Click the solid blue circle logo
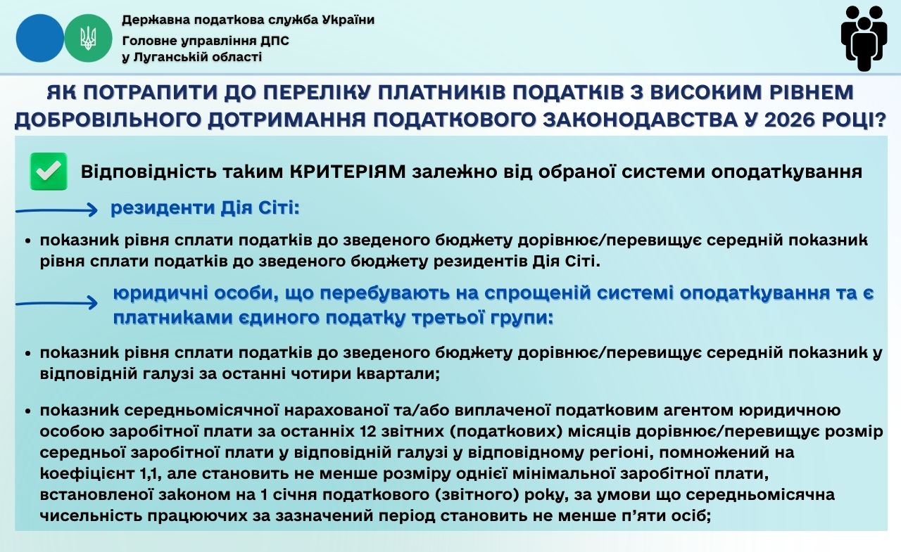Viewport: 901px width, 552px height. pos(40,38)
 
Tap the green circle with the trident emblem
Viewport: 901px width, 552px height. pos(88,38)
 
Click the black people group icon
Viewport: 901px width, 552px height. pos(864,39)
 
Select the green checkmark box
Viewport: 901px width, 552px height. pos(49,171)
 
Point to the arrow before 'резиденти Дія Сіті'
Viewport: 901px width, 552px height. pos(56,210)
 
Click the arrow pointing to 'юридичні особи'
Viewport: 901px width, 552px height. pos(56,303)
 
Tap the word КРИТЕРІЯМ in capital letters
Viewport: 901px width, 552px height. pos(348,172)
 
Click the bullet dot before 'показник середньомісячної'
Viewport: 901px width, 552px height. pos(27,411)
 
